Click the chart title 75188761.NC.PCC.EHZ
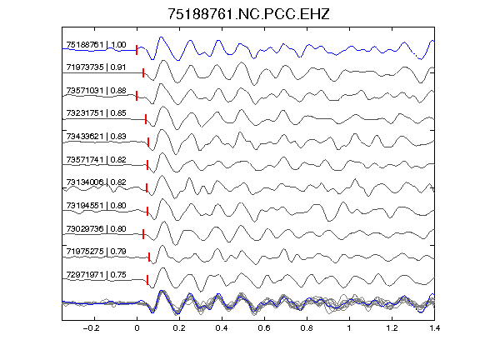248,14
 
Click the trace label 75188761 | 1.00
96,45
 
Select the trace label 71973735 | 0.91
96,67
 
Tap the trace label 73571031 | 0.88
96,91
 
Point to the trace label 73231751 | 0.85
96,113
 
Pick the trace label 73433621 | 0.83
96,136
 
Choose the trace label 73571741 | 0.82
96,159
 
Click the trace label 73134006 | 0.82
96,182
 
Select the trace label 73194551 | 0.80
96,205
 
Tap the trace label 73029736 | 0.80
96,228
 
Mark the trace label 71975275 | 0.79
96,252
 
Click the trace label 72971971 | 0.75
96,275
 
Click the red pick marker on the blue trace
137,50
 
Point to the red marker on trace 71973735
143,73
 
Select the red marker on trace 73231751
146,119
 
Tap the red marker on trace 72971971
147,280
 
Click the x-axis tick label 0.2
179,328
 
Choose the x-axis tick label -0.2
91,328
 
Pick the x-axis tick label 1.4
434,328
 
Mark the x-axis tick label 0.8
307,328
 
